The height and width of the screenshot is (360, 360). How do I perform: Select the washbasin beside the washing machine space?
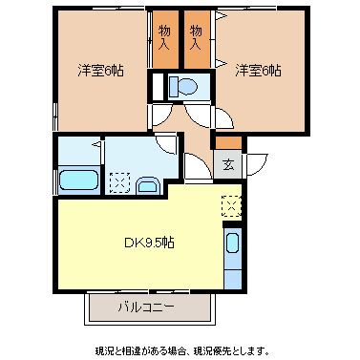tap(148, 185)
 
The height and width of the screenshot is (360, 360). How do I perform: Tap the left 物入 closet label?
tap(164, 39)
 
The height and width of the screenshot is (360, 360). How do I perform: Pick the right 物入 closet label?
tap(198, 39)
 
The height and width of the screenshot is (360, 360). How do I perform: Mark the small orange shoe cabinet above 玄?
tap(229, 143)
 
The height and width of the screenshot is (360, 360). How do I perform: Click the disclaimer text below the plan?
tap(180, 350)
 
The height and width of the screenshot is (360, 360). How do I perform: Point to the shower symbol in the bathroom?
tap(95, 148)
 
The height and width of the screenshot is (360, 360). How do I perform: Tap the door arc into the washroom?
tap(168, 143)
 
